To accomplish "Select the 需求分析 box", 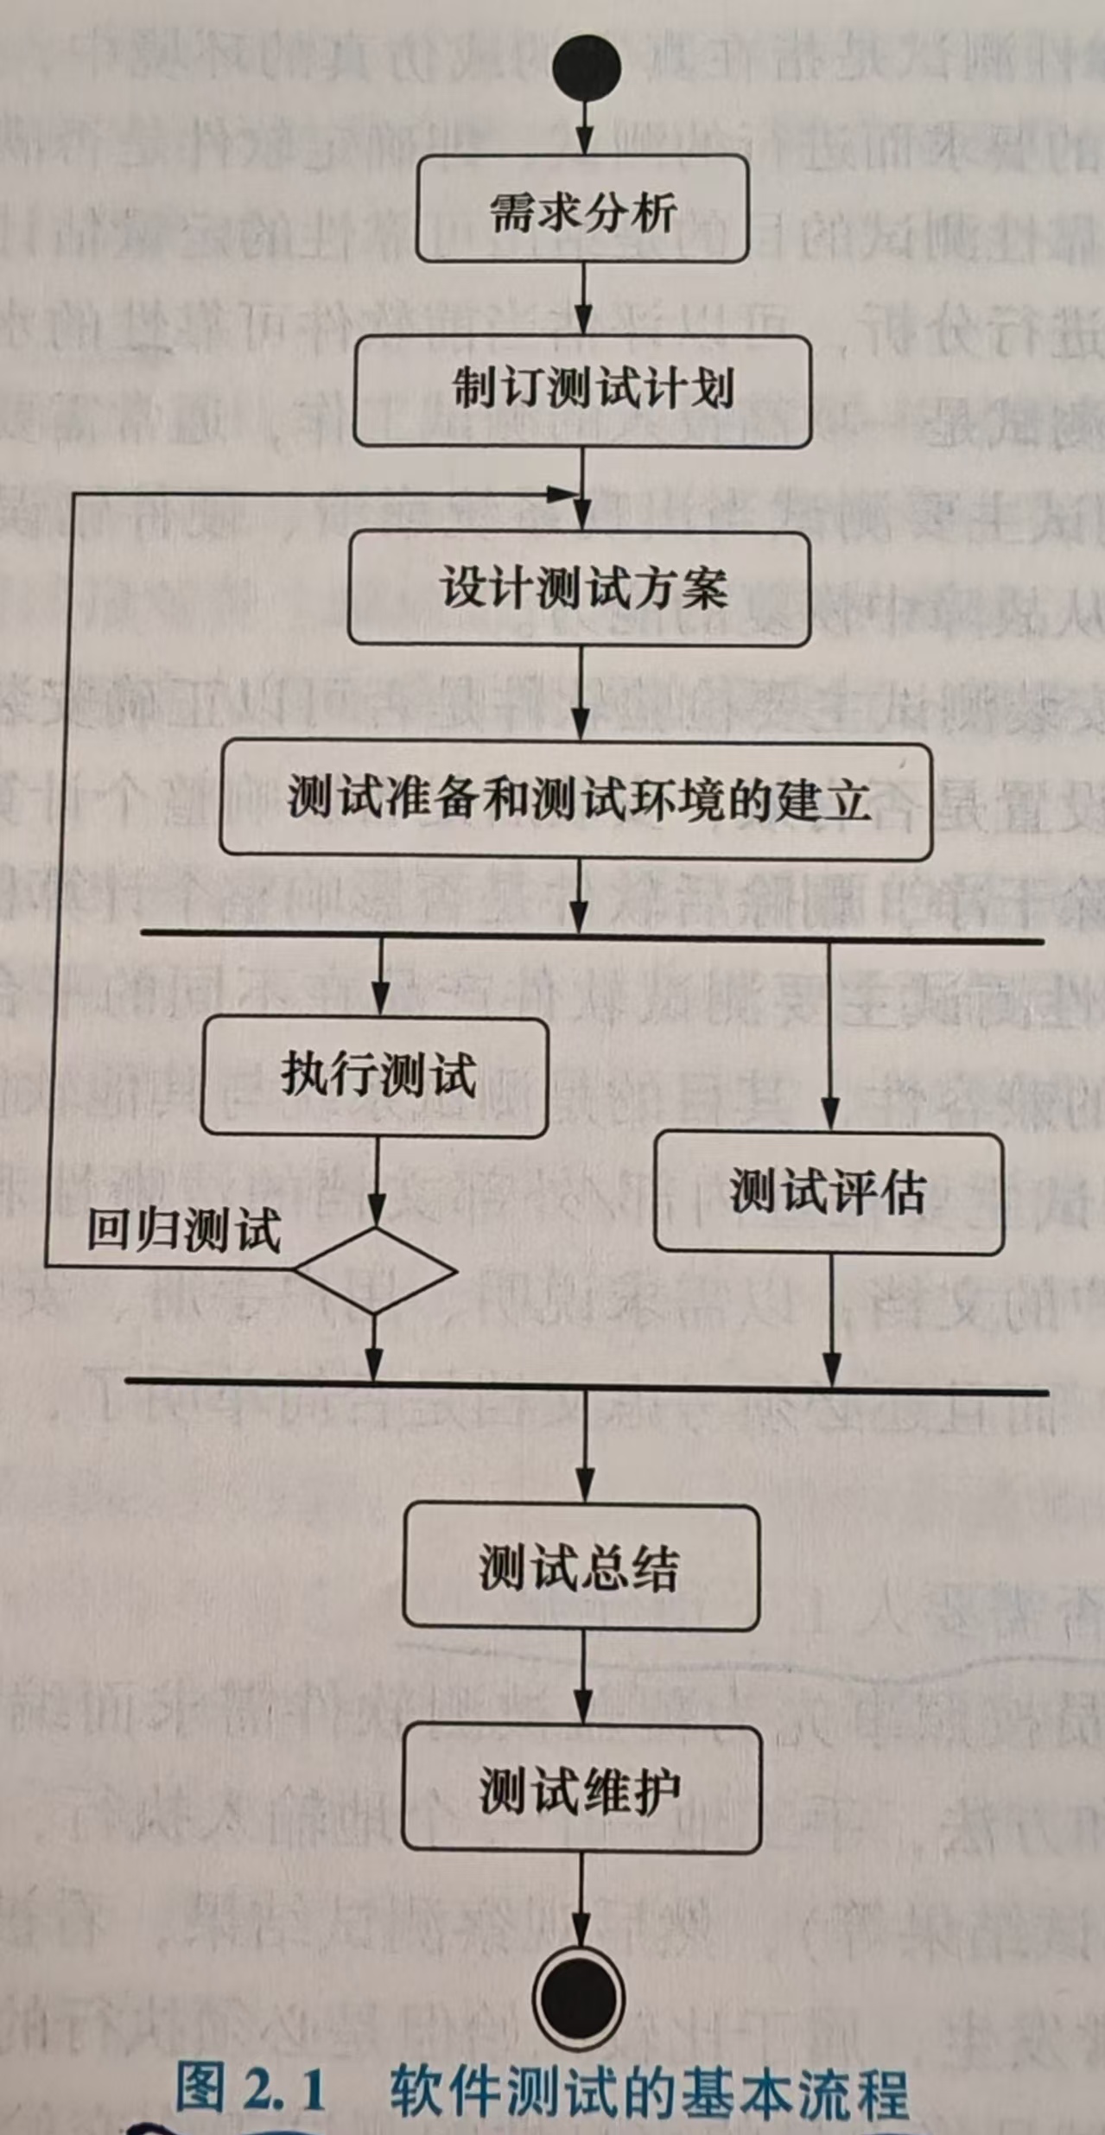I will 582,209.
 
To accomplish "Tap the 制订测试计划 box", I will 582,391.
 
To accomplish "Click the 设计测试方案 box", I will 580,589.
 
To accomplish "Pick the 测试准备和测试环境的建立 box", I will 576,800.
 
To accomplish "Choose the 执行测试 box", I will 375,1077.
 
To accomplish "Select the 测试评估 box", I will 829,1192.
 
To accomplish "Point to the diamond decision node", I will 375,1271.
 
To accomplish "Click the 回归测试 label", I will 184,1230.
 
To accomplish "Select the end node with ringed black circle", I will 579,1997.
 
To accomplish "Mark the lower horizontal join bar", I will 587,1388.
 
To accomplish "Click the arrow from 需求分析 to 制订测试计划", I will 584,299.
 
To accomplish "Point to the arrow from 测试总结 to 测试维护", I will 584,1678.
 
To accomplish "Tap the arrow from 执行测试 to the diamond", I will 376,1180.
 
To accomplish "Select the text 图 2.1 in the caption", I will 251,2087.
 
